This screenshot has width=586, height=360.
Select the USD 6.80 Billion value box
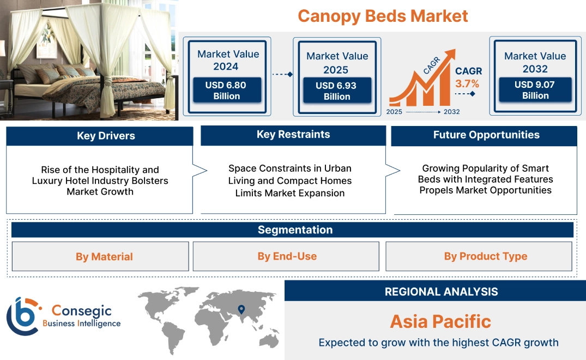coord(227,91)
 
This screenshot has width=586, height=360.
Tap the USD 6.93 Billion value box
coord(337,91)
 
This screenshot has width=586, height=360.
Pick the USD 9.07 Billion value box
coord(535,90)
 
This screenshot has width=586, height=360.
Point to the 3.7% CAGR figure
coord(468,83)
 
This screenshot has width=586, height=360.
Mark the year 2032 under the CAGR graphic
coord(451,112)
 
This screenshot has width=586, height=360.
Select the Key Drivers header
coord(106,136)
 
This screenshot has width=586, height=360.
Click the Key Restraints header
coord(293,135)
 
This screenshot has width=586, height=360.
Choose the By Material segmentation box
coord(104,256)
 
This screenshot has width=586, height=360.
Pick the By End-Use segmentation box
coord(287,256)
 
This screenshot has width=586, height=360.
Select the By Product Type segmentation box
coord(485,256)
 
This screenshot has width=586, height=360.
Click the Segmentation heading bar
coord(294,230)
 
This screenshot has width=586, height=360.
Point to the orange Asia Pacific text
coord(440,321)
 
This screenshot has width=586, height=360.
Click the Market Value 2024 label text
coord(228,60)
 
